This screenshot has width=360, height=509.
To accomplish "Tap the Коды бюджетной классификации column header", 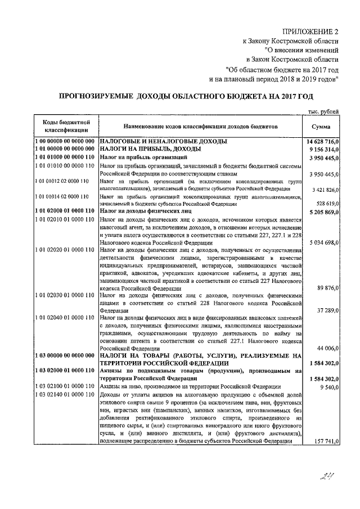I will click(64, 127).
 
